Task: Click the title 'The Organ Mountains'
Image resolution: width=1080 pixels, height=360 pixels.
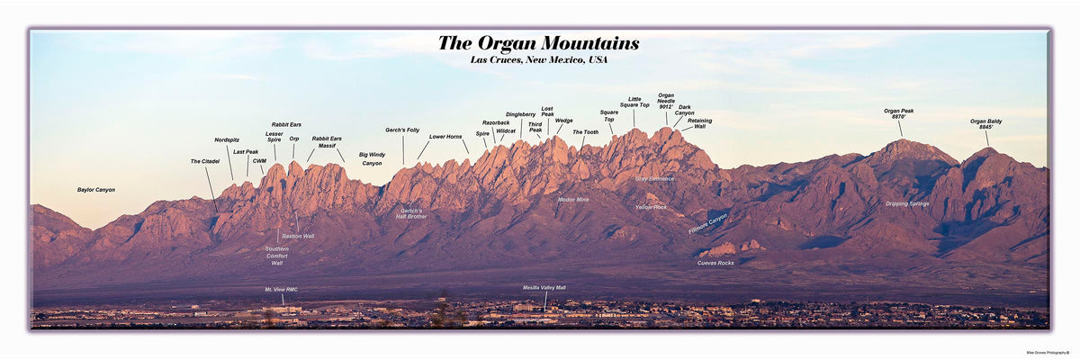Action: (x=538, y=43)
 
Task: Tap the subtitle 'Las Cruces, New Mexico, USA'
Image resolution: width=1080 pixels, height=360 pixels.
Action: (x=538, y=60)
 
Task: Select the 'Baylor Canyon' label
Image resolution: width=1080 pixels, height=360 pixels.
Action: (x=96, y=190)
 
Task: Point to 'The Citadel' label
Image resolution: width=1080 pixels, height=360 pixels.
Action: (x=204, y=161)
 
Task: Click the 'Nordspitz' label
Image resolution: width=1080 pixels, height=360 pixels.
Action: (x=227, y=140)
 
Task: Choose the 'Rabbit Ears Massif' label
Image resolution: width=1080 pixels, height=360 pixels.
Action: (x=327, y=142)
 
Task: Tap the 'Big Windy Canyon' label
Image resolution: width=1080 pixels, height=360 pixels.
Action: (x=372, y=159)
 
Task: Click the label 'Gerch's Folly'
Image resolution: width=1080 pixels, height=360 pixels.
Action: (x=402, y=130)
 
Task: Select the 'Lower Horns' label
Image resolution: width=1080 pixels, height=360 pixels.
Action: (x=445, y=137)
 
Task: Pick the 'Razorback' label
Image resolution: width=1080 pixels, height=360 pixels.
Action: (x=496, y=122)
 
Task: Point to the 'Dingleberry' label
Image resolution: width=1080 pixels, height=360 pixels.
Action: (x=520, y=114)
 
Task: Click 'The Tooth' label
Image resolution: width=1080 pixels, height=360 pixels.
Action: (x=585, y=132)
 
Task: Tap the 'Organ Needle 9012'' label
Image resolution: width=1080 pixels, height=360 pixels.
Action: (x=666, y=101)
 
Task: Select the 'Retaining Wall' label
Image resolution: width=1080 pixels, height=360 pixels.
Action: (x=699, y=123)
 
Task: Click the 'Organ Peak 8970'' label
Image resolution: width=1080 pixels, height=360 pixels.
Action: (x=898, y=113)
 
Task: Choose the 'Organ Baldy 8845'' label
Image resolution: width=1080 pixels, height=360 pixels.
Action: (x=985, y=124)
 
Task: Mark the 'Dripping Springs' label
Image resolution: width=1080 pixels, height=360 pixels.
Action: (x=907, y=203)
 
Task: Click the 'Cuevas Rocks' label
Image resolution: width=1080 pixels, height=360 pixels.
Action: (x=715, y=263)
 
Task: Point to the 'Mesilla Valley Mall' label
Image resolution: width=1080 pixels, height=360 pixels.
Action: (x=544, y=288)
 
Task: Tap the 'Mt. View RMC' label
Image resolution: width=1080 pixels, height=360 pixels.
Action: (x=281, y=290)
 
